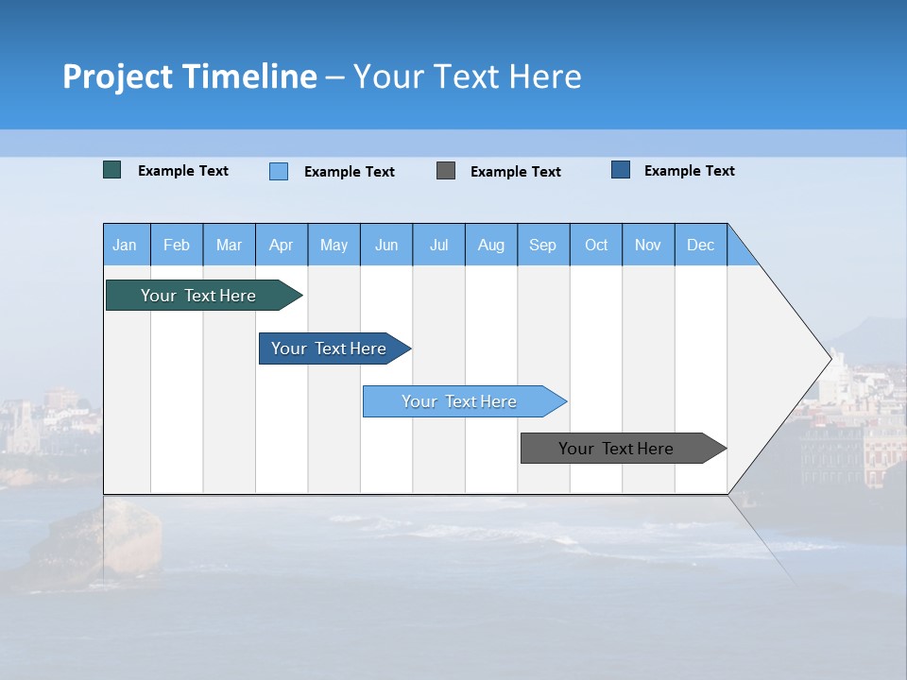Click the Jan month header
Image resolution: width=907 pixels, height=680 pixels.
[125, 245]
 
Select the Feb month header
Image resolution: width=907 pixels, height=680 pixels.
[177, 245]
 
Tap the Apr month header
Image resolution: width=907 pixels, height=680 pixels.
[281, 245]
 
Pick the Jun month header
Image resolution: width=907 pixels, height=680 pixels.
[386, 245]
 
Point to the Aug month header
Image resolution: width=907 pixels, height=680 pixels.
[491, 245]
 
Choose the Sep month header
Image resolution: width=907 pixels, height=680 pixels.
[543, 245]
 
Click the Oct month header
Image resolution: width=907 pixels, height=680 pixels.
[596, 245]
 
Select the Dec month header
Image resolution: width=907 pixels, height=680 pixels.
[701, 245]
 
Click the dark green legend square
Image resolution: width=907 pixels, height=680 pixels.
[112, 170]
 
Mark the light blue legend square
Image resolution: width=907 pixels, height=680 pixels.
[279, 171]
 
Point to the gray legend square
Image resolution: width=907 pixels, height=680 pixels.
[446, 170]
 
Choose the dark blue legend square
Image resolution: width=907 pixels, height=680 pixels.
[621, 170]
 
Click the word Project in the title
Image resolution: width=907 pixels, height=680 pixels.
[117, 76]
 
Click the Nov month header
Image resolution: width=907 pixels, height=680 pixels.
[648, 245]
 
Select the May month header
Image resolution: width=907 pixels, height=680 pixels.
[334, 245]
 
